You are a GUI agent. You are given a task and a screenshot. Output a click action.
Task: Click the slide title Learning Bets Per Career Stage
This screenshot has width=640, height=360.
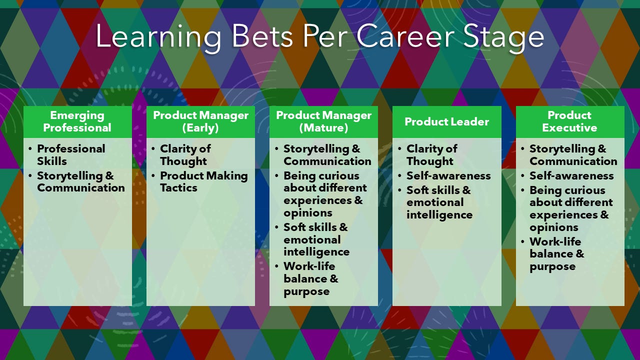click(x=319, y=36)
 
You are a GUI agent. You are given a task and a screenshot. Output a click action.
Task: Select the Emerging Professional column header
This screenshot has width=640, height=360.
click(x=77, y=121)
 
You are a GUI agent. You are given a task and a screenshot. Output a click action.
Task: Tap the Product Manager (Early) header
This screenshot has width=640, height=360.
click(x=200, y=121)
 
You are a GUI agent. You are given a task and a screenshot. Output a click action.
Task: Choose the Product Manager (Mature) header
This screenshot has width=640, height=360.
click(x=323, y=121)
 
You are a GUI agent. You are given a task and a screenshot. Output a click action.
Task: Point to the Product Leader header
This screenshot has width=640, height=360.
click(x=446, y=121)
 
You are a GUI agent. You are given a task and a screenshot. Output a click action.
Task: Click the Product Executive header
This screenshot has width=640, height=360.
click(x=569, y=121)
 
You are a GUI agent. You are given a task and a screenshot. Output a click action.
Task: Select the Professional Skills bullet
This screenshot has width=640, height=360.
click(x=71, y=155)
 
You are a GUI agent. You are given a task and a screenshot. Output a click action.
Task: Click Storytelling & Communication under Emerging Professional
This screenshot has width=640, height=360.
click(x=80, y=182)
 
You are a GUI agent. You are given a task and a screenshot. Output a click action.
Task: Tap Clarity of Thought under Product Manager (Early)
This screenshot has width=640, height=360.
click(x=185, y=155)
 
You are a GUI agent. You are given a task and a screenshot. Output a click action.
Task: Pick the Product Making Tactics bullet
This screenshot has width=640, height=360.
click(x=203, y=182)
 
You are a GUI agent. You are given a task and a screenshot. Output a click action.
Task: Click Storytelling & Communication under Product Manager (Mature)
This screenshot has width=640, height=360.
click(x=327, y=155)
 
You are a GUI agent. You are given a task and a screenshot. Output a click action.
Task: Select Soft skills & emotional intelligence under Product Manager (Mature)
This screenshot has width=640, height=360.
click(x=316, y=239)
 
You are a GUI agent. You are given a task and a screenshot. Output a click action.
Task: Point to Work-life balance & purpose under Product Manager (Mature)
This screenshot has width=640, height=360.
click(x=310, y=278)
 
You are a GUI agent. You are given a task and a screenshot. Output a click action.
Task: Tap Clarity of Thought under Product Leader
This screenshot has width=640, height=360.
click(x=431, y=155)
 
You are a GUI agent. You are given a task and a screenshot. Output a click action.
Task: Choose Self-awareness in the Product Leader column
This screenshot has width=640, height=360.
click(x=448, y=176)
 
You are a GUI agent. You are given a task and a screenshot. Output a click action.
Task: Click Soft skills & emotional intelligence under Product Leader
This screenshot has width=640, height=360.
click(x=439, y=202)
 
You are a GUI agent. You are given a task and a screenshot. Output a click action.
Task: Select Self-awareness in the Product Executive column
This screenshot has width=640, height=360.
click(x=571, y=176)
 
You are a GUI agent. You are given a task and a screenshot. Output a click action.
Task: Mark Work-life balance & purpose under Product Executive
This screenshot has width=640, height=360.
click(x=556, y=254)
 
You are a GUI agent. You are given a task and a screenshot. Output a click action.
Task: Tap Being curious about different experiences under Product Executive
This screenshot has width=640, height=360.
click(x=570, y=208)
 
